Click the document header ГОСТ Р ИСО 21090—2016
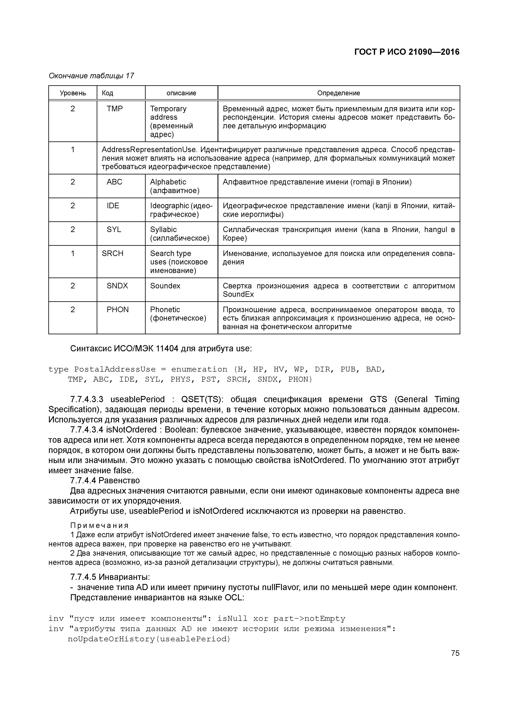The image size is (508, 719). coord(407,52)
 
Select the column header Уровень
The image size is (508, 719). coord(73,93)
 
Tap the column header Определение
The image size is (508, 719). coord(338,93)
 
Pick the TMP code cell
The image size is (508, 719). coord(115,109)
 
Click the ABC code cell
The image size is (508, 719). coord(114,182)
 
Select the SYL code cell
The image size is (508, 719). coord(114,230)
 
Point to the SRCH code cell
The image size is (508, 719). coord(112,253)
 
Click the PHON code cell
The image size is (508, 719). coord(117,309)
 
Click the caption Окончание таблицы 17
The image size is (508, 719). coord(91,76)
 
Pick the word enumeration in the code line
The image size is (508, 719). coord(199,369)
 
